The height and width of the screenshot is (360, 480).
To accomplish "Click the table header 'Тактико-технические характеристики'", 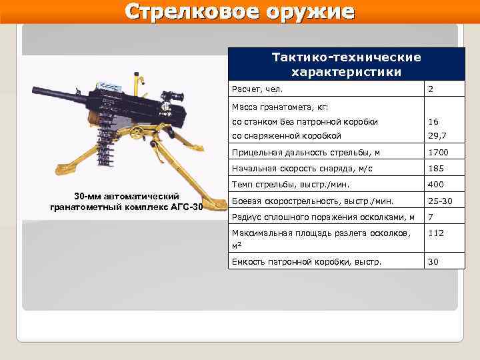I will coord(345,65).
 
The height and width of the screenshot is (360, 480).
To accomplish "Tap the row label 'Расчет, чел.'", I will coord(257,89).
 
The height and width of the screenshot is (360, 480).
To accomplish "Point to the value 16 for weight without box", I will coord(433,122).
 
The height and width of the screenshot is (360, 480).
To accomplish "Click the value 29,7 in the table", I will coord(436,135).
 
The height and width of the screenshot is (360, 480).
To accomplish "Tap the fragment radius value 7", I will coord(431,217).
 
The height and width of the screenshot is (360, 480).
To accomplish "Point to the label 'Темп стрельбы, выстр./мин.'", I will coord(290,185).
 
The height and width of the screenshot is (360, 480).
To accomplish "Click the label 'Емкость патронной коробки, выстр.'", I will coord(306,262).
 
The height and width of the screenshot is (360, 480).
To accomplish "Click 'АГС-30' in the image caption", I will coord(187,207).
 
